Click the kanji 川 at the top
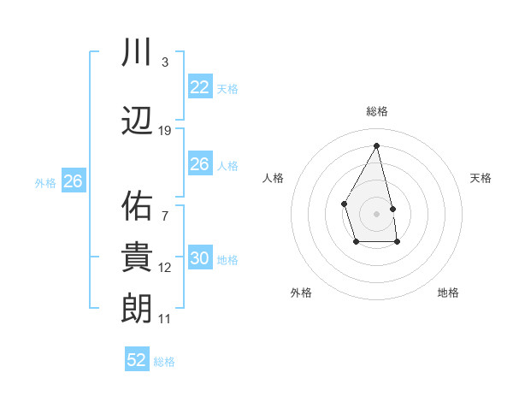coord(138,53)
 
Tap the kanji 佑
coord(138,205)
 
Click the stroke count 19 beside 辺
coord(165,131)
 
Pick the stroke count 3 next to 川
coord(165,62)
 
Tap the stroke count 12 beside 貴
coord(165,268)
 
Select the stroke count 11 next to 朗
coord(165,319)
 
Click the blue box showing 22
coord(199,87)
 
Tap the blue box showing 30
coord(199,258)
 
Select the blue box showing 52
coord(137,360)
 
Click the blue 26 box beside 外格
coord(73,181)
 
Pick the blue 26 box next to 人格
coord(199,164)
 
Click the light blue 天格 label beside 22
coord(227,88)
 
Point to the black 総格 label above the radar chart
coord(377,111)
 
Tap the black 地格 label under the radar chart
coord(448,293)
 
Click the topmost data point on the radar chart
coord(377,145)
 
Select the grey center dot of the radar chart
coord(377,213)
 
